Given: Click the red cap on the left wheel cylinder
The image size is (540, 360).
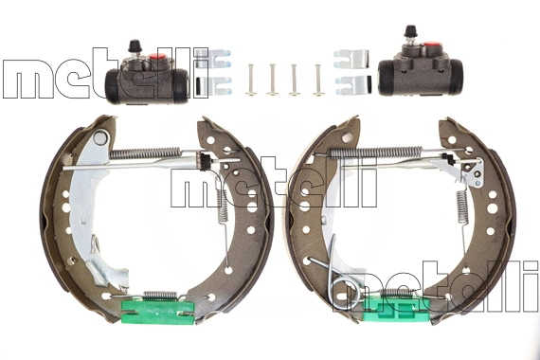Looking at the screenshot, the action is (157, 57).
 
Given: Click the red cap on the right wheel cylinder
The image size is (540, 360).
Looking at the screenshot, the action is (431, 45).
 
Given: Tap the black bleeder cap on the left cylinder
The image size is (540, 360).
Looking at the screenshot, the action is (135, 45).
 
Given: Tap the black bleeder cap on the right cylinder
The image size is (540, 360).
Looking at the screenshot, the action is (410, 31).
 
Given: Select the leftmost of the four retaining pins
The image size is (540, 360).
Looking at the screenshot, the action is (250, 80).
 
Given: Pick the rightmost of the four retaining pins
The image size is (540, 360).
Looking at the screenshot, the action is (317, 80).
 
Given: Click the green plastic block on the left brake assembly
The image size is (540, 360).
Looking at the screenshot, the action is (157, 312).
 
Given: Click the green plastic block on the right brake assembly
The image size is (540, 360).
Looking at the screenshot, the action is (396, 308).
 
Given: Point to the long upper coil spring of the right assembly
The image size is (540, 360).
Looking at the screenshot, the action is (376, 152).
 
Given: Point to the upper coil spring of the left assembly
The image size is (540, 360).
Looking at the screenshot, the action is (145, 153).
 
